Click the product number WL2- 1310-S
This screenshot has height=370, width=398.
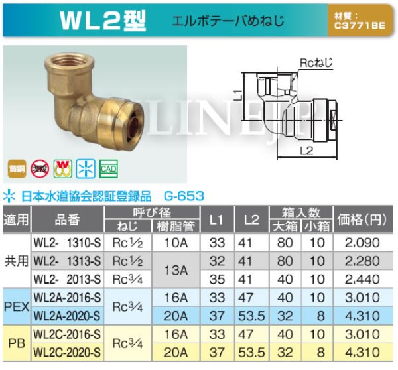[x=68, y=243]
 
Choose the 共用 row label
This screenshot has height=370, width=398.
[x=16, y=261]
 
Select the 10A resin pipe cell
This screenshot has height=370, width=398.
[x=176, y=243]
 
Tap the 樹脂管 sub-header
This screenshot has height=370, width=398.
[x=176, y=226]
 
